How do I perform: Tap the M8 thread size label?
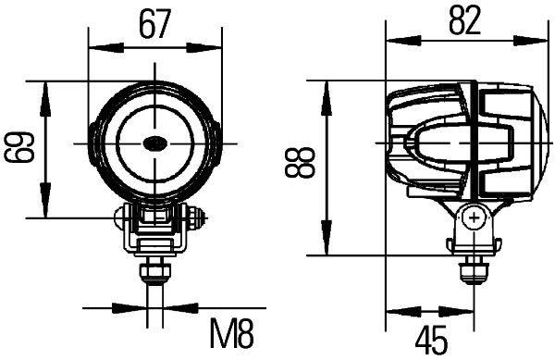pos(228,332)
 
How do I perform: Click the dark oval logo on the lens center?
pos(154,143)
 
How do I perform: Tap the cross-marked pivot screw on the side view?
pos(475,219)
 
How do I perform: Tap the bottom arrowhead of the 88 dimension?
pos(327,248)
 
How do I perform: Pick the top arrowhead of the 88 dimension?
pos(327,88)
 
